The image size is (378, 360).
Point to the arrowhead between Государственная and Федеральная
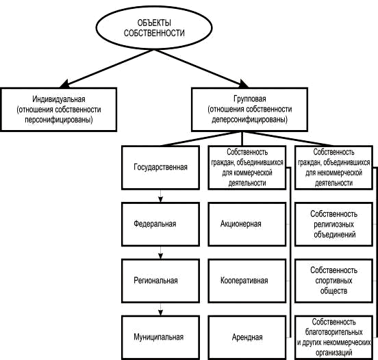160,199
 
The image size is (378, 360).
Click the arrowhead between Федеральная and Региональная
160,256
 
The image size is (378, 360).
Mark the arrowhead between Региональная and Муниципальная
160,313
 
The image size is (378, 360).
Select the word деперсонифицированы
249,120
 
